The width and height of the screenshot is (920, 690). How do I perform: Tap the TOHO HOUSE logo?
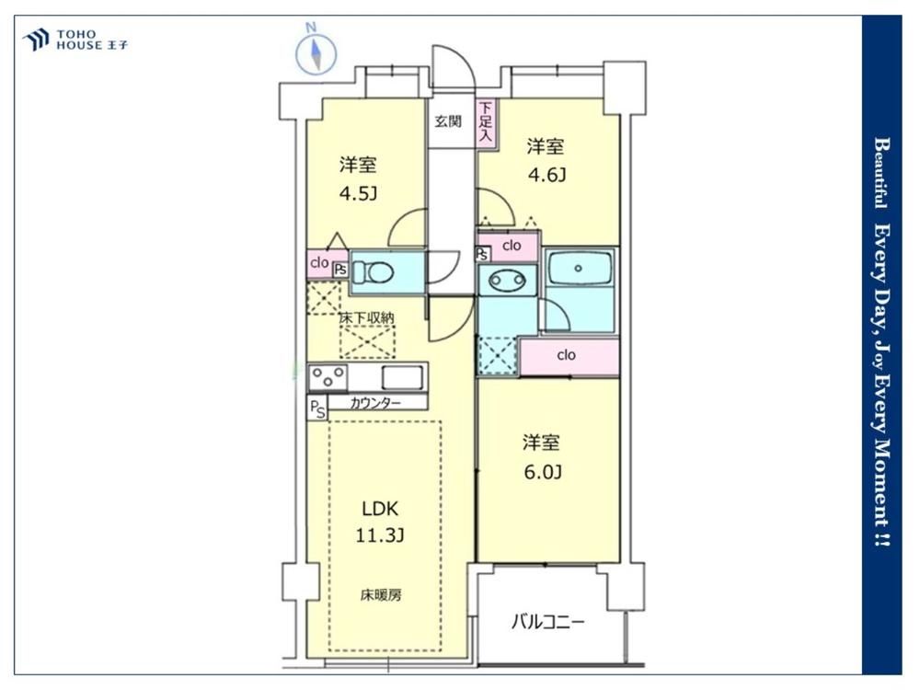point(75,40)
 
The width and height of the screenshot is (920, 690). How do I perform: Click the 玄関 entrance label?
point(448,121)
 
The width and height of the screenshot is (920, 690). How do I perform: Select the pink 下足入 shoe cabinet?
point(487,122)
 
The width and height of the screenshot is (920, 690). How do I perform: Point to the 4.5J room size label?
point(358,193)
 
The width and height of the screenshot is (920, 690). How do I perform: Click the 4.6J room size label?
point(546,174)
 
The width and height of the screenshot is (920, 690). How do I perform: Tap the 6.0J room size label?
point(543,471)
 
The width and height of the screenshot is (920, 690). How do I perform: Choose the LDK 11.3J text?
point(380,521)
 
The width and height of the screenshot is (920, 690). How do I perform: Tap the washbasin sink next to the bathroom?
point(507,281)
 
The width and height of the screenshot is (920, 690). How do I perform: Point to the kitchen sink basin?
point(403,377)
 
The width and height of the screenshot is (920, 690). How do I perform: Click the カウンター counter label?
point(375,403)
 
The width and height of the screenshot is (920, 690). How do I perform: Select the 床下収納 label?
point(367,318)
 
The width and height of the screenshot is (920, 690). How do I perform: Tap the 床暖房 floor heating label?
point(381,595)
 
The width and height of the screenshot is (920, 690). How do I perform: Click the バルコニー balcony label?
point(548,621)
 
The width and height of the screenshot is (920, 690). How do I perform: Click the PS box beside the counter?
point(317,408)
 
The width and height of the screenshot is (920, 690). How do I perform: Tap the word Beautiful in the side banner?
point(880,173)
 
